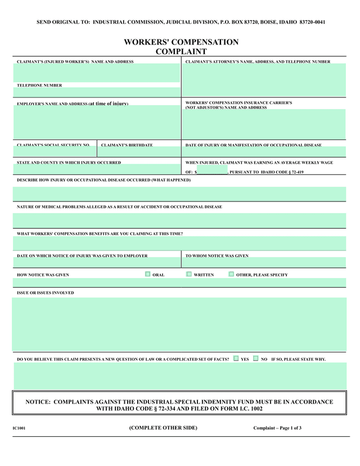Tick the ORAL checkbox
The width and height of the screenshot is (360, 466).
(147, 274)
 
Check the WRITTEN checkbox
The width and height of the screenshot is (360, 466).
(189, 274)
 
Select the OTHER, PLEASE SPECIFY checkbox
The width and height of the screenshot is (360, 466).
(231, 274)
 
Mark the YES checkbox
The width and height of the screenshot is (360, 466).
(236, 358)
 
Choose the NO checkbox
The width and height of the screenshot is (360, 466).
(256, 358)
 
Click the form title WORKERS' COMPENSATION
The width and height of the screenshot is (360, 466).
(181, 42)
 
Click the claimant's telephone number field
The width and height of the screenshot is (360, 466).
(97, 92)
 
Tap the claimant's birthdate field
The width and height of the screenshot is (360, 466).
(139, 152)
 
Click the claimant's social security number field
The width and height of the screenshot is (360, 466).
(55, 152)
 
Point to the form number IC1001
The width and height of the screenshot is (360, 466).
(19, 429)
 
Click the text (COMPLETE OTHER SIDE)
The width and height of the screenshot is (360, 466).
(163, 428)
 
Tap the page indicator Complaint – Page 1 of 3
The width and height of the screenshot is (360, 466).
(277, 428)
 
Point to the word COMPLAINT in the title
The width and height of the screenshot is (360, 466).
(181, 51)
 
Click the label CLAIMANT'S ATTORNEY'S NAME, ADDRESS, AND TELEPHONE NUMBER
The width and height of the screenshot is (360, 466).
(258, 61)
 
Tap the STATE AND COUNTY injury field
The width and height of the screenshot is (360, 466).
(97, 169)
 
